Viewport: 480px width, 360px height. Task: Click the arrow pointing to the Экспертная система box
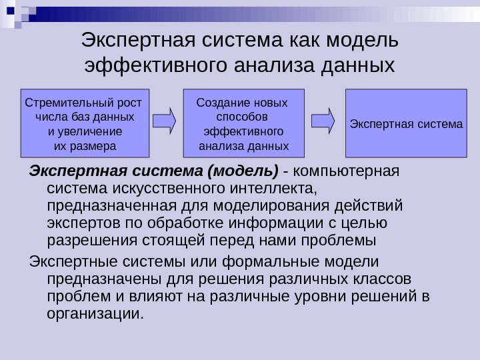tap(323, 121)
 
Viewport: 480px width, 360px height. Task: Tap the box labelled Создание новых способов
tap(243, 123)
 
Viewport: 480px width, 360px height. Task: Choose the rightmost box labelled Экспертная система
tap(406, 123)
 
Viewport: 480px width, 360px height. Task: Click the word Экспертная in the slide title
tap(133, 41)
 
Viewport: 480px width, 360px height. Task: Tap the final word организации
tap(95, 313)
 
